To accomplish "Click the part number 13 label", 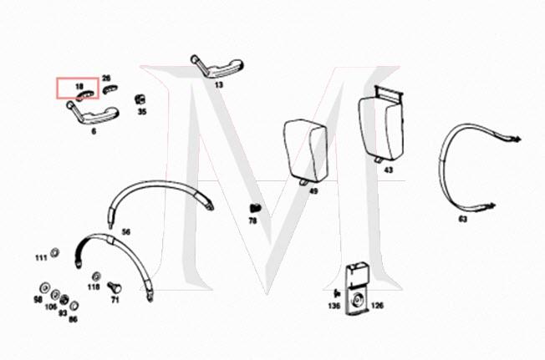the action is [x=219, y=84].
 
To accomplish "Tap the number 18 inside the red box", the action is [x=79, y=86].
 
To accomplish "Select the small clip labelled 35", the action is [x=140, y=99].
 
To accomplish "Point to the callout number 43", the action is [x=388, y=170].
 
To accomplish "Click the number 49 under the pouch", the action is [x=313, y=191].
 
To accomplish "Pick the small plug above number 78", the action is [x=256, y=208].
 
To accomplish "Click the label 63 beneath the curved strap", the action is [x=463, y=219].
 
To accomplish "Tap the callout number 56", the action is [x=126, y=231].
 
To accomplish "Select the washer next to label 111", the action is [x=54, y=253].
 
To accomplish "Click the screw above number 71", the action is [x=115, y=287].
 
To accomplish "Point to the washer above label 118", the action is [x=95, y=276].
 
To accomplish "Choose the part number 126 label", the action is [x=378, y=306].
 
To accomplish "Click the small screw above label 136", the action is [x=337, y=293].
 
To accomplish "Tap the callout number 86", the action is [x=73, y=319].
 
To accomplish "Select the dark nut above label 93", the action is [x=64, y=300].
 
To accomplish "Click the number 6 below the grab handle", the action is [x=94, y=131].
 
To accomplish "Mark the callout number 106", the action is [x=51, y=307].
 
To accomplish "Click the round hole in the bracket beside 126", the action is [x=357, y=299].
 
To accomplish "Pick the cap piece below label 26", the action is [x=110, y=89].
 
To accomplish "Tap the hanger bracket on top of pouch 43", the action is [x=390, y=94].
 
